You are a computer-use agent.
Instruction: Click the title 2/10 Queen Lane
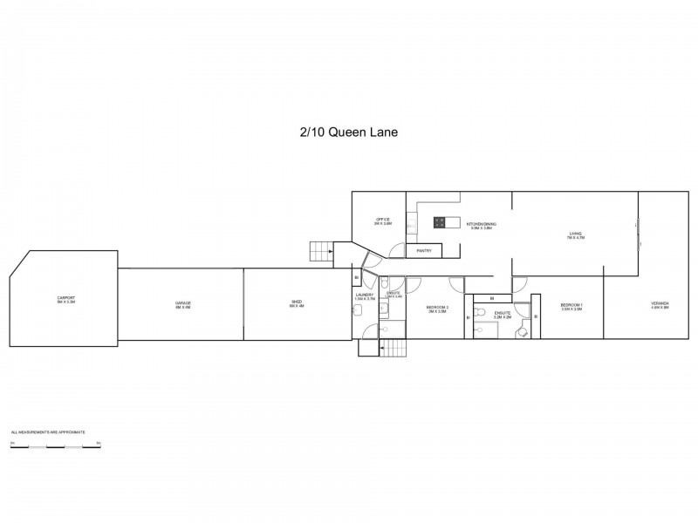[x=348, y=133]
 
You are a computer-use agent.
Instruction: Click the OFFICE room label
[x=383, y=221]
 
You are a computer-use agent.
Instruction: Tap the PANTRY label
[x=424, y=251]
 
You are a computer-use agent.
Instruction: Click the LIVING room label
[x=576, y=234]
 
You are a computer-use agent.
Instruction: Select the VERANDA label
[x=660, y=305]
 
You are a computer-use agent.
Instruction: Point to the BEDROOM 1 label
[x=571, y=305]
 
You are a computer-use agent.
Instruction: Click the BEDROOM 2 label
[x=436, y=308]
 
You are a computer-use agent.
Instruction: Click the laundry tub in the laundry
[x=367, y=329]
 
